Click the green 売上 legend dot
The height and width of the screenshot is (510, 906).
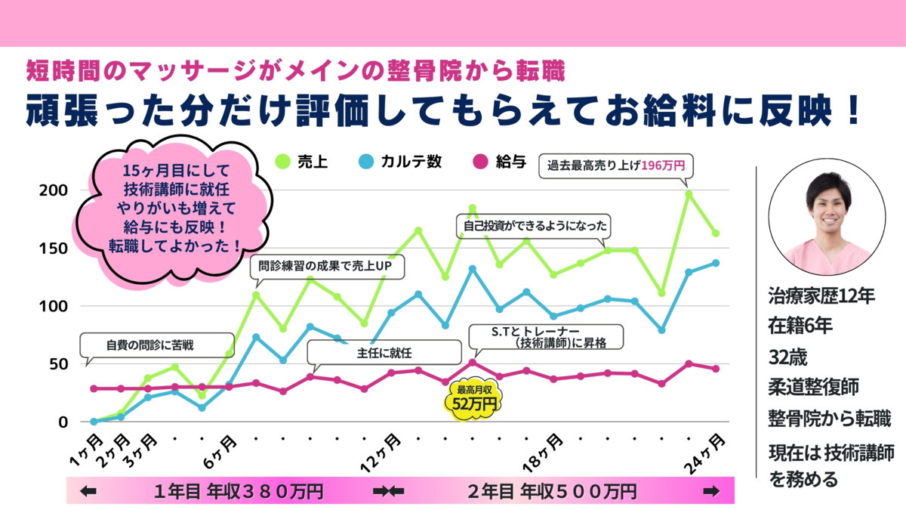tap(283, 161)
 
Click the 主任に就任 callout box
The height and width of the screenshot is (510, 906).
tap(384, 352)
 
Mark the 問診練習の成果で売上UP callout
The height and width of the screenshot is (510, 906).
tap(327, 267)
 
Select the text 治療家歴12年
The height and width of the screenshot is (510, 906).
tap(821, 296)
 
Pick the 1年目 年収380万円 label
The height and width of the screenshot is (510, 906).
tap(238, 492)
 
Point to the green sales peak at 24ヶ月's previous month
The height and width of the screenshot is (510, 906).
tap(689, 194)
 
